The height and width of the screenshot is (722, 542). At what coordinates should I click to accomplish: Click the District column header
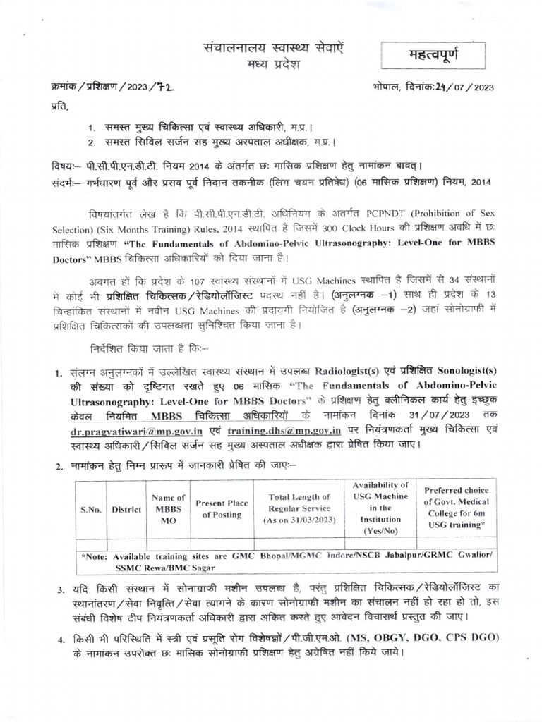tap(126, 509)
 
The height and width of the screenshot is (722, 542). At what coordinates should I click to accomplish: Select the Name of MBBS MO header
tap(169, 508)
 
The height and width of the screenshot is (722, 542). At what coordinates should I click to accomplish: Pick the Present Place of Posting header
tap(222, 508)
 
